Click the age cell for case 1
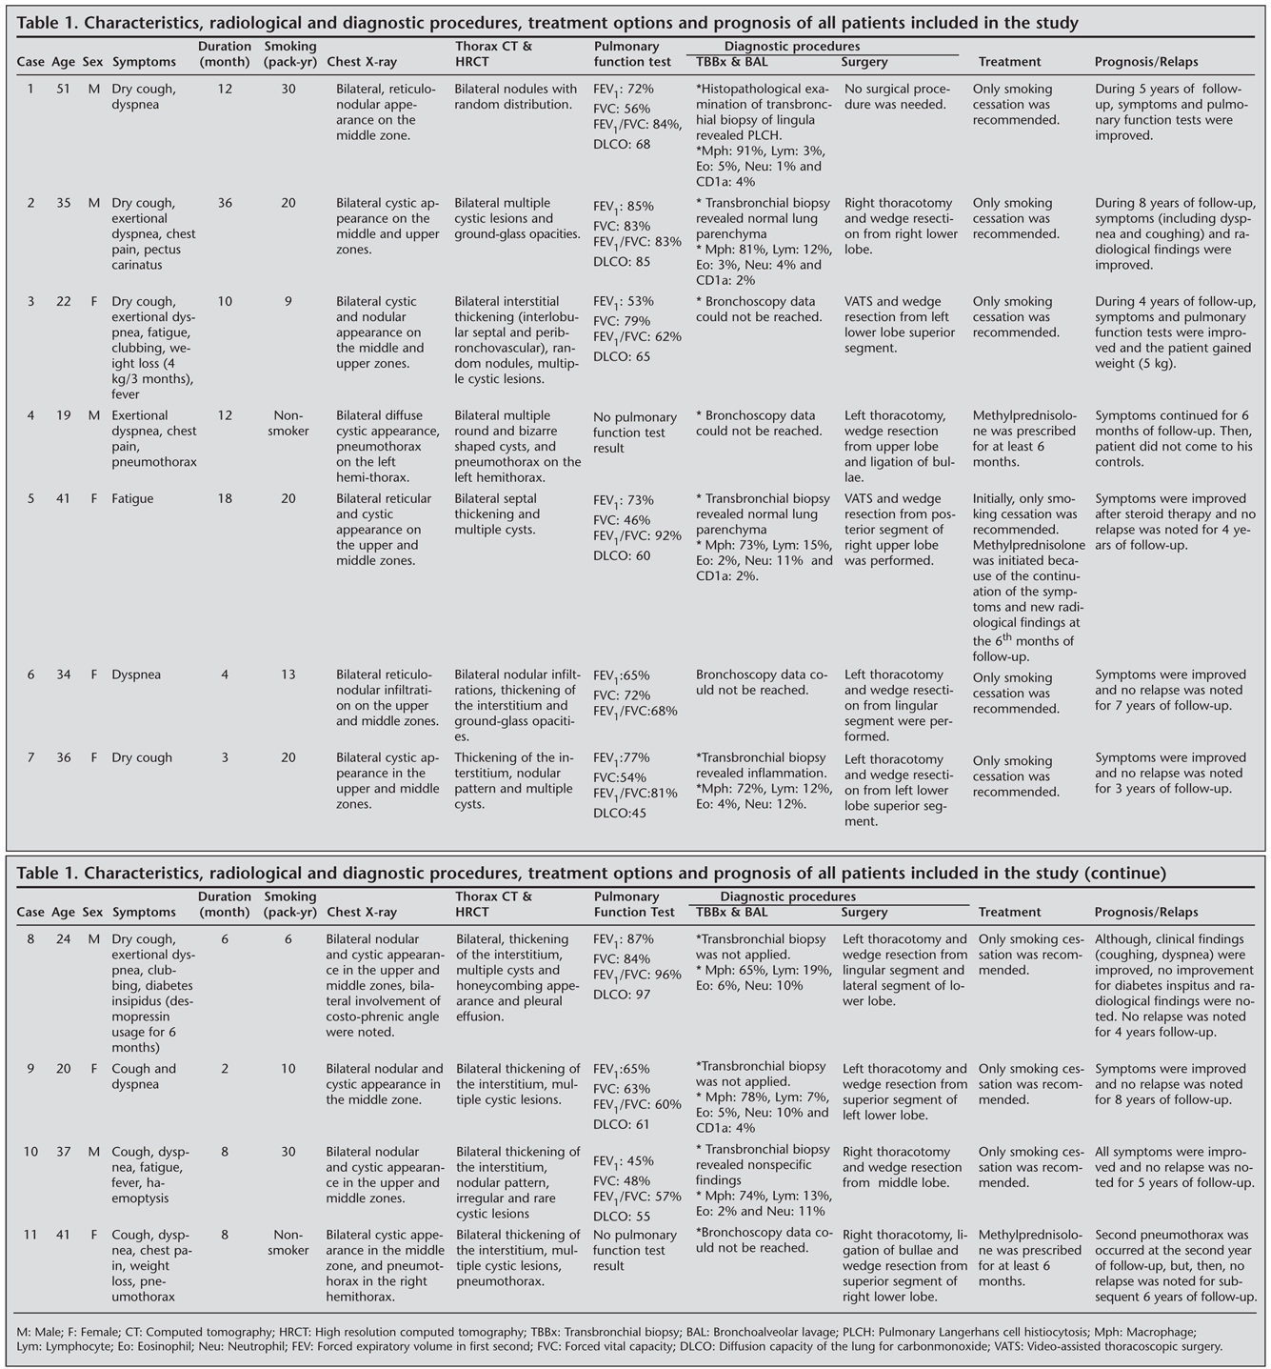(63, 89)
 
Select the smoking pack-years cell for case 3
(288, 302)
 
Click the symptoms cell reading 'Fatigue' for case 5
(132, 498)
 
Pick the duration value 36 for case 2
(225, 203)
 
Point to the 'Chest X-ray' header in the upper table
(361, 62)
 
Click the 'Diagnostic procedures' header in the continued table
(787, 896)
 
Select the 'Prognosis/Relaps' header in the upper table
(1146, 62)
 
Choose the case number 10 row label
(30, 1152)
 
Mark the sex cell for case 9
(93, 1069)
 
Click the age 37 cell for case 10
(63, 1152)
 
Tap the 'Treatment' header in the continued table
(1009, 912)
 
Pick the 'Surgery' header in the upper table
(864, 62)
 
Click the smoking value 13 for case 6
(288, 674)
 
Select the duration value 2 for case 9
(225, 1069)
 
